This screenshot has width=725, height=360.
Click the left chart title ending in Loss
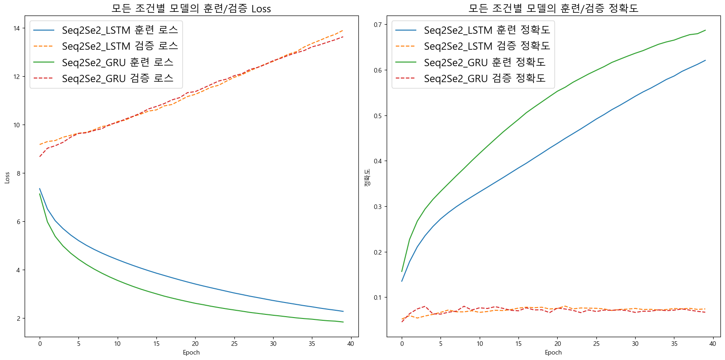[x=191, y=9]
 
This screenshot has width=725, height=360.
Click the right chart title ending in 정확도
[x=553, y=8]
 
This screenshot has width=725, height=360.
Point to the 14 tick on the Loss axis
[x=17, y=28]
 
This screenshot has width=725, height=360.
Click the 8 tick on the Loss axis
[x=18, y=173]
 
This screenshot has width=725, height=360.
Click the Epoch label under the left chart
[x=191, y=352]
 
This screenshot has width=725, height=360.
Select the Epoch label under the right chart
[x=553, y=352]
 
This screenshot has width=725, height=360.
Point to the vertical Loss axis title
[x=7, y=177]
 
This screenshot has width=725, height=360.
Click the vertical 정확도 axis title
[x=367, y=177]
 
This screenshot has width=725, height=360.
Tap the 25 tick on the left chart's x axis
[x=234, y=344]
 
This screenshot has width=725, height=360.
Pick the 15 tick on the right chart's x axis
[x=518, y=344]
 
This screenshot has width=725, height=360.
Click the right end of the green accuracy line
[x=705, y=31]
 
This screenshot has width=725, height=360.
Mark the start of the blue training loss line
[x=40, y=188]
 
